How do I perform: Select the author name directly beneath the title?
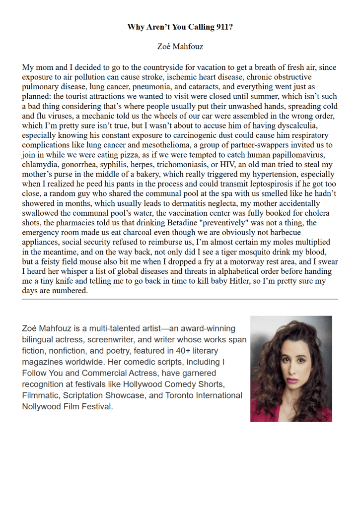pos(180,47)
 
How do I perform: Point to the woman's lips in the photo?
pos(291,380)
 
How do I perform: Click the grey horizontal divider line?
pos(180,299)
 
